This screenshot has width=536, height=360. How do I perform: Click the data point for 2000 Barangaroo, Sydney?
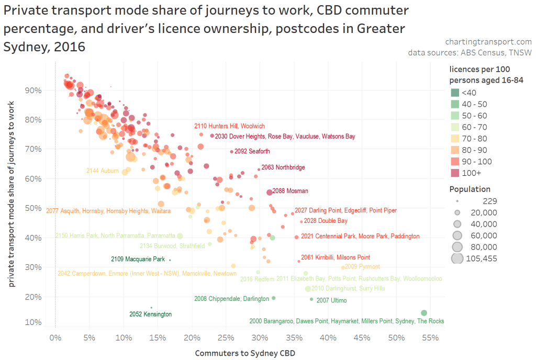(x=424, y=313)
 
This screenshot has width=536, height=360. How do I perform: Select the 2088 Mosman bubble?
(x=270, y=192)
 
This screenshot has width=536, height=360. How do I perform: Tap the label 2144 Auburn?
(x=103, y=171)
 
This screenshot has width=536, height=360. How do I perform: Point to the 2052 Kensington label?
(x=151, y=314)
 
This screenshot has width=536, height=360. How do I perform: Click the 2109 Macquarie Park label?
(x=138, y=259)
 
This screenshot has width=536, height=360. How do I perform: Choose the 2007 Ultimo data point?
(x=311, y=299)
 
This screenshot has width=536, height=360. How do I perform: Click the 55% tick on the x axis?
(x=430, y=337)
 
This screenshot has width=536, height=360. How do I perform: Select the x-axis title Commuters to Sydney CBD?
(x=245, y=353)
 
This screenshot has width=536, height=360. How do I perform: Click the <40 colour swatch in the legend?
(x=454, y=93)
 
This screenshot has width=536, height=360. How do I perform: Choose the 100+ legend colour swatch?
(x=454, y=173)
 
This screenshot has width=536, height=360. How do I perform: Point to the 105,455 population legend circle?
(x=457, y=258)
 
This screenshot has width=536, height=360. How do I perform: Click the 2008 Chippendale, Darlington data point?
(x=273, y=298)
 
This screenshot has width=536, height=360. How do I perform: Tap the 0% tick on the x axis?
(x=55, y=337)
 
